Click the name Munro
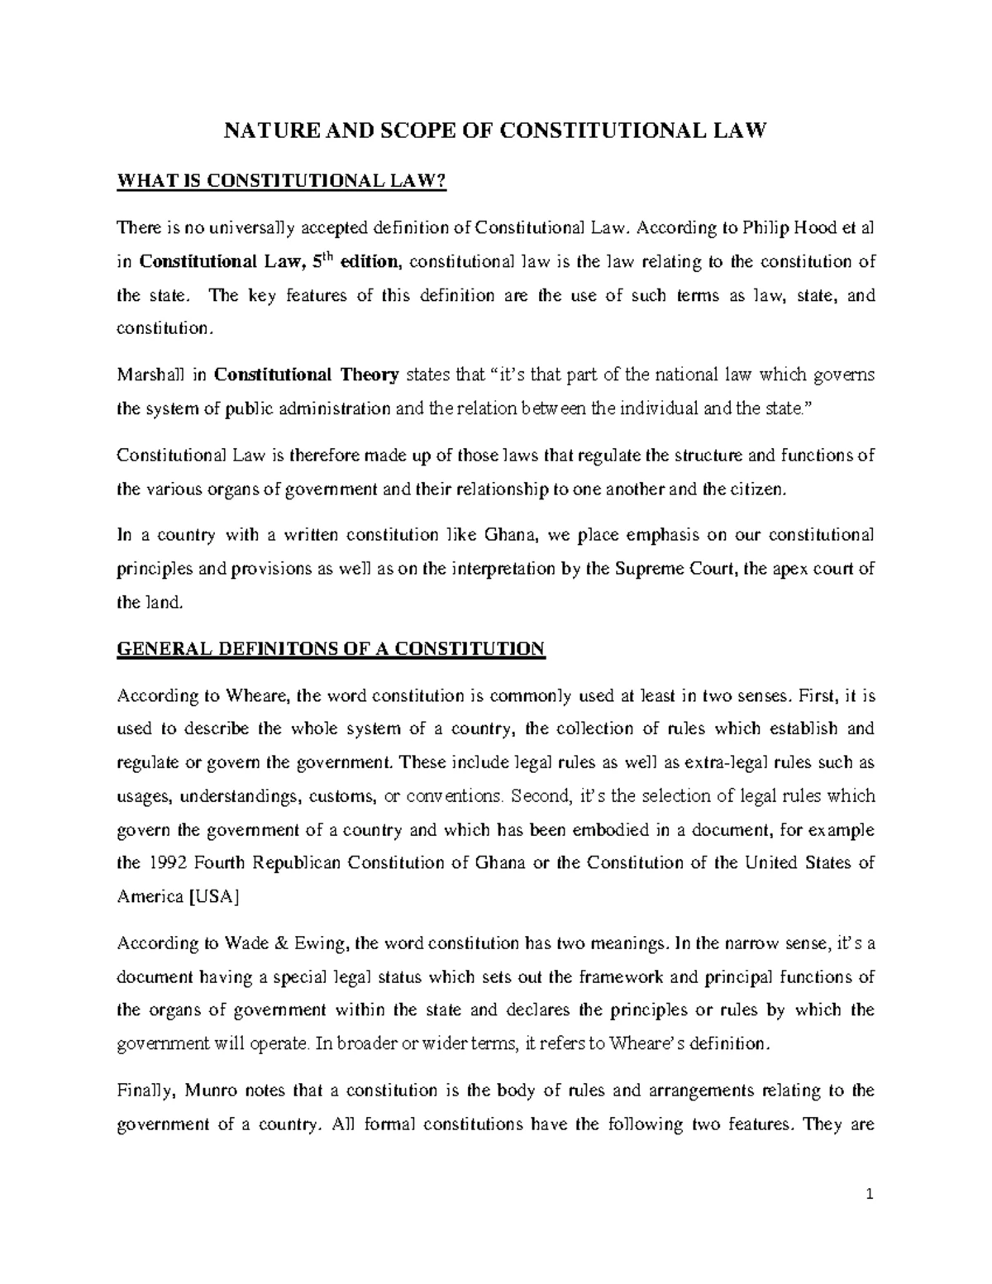tap(214, 1091)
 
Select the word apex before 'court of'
tap(789, 569)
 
